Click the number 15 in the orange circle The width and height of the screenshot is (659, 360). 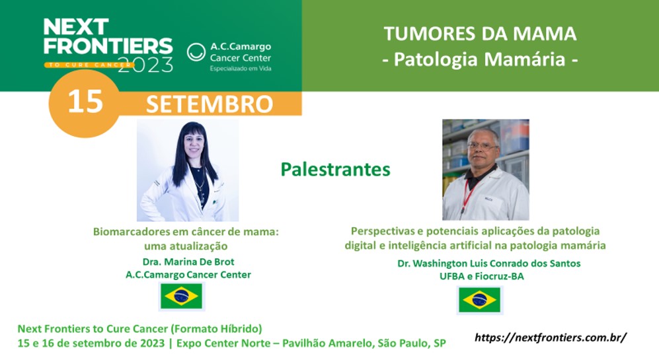pyautogui.click(x=85, y=102)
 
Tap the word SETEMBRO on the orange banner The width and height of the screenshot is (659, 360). pyautogui.click(x=210, y=104)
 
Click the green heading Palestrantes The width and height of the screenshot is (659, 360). pyautogui.click(x=335, y=169)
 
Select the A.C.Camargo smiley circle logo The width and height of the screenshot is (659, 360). pyautogui.click(x=196, y=52)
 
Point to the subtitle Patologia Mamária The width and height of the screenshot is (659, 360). pyautogui.click(x=480, y=59)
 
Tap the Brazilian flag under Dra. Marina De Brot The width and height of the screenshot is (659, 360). pyautogui.click(x=182, y=296)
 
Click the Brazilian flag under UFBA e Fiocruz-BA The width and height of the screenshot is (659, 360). pyautogui.click(x=479, y=300)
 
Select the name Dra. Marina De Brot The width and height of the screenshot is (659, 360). pyautogui.click(x=188, y=262)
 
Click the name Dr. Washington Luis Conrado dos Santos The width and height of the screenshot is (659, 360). pyautogui.click(x=488, y=264)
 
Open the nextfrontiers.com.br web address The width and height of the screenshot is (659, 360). pyautogui.click(x=551, y=338)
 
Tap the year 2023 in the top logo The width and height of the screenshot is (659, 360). pyautogui.click(x=145, y=65)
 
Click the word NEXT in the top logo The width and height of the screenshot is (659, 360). pyautogui.click(x=75, y=27)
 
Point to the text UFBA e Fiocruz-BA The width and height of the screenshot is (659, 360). pyautogui.click(x=482, y=276)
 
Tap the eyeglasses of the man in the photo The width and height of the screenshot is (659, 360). pyautogui.click(x=482, y=147)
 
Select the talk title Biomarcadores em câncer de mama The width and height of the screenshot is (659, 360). pyautogui.click(x=186, y=231)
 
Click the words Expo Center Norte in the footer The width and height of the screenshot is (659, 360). pyautogui.click(x=223, y=343)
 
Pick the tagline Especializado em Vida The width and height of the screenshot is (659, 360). pyautogui.click(x=241, y=69)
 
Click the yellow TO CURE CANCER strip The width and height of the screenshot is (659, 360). pyautogui.click(x=89, y=65)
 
